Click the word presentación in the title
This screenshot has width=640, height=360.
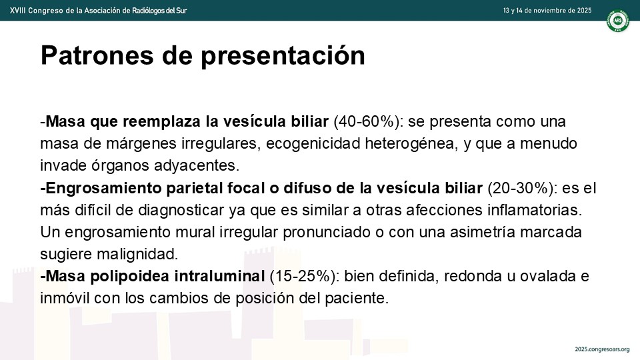[x=283, y=56]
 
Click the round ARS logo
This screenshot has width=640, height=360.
[x=617, y=21]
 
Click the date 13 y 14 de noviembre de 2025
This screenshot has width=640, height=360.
[x=547, y=10]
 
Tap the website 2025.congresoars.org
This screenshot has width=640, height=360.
[x=602, y=349]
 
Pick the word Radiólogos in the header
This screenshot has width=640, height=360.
[x=149, y=10]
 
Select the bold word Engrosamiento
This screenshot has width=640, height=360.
[x=104, y=188]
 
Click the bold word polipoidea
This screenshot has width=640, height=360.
[x=130, y=276]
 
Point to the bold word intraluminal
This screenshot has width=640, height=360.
[x=219, y=276]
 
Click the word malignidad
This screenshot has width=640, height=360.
[x=137, y=254]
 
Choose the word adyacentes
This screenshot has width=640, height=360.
[x=196, y=166]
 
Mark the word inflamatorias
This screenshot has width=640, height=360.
[x=535, y=210]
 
